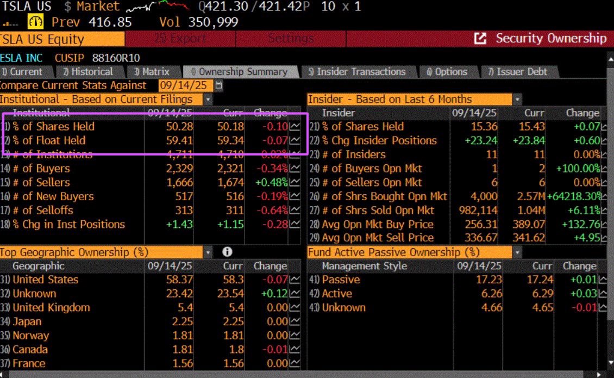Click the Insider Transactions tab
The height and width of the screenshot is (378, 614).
[361, 72]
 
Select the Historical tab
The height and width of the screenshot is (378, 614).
[92, 72]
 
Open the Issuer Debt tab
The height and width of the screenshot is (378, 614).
[522, 72]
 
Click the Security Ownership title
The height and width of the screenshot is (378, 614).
[550, 39]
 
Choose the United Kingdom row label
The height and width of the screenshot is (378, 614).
[51, 308]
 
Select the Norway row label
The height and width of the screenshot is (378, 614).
[30, 336]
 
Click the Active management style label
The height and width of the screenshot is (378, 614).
[337, 294]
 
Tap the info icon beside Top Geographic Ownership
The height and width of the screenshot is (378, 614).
[227, 252]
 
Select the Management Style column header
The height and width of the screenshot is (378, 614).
[364, 266]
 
